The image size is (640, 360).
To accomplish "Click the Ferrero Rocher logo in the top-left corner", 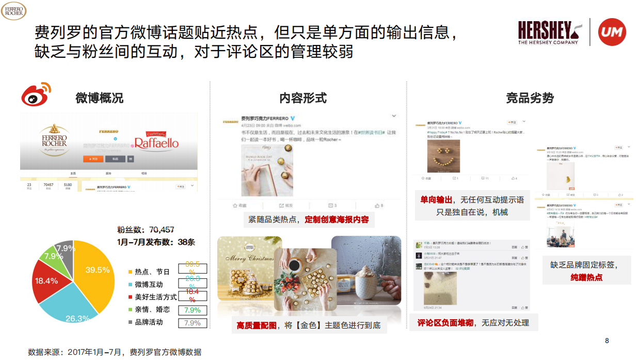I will point(13,10).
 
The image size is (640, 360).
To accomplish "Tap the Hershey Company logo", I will point(548,33).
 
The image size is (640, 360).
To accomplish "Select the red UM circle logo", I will point(612,32).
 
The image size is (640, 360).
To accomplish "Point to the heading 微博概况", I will point(99,98).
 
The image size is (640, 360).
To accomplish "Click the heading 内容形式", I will point(303,98).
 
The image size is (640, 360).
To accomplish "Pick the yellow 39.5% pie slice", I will point(95,274).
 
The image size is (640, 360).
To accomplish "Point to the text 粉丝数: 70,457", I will point(146,229).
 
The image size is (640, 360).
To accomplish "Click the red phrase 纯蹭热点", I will point(586,277).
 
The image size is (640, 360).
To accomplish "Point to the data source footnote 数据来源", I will point(114,352).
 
